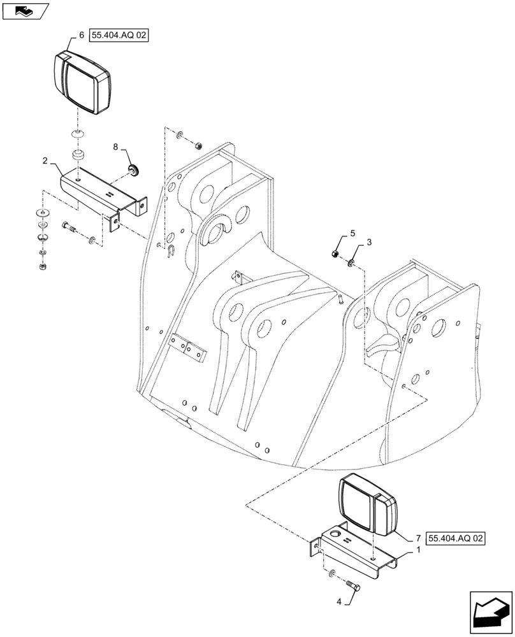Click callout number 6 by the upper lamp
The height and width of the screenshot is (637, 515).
81,36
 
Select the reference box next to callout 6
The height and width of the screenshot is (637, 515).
119,37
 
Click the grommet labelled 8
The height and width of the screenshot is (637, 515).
134,169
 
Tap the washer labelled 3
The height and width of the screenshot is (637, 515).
352,262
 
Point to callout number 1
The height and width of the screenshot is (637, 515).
417,549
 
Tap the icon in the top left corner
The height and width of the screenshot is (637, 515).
25,11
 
